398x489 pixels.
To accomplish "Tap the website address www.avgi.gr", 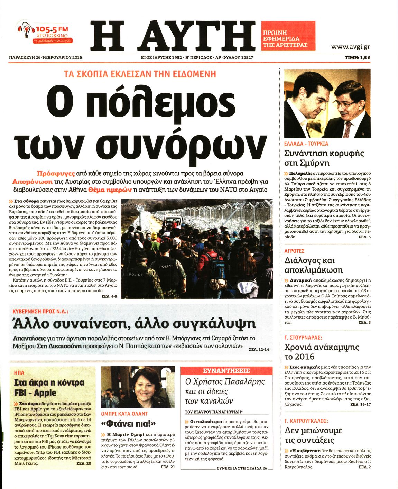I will point(350,47).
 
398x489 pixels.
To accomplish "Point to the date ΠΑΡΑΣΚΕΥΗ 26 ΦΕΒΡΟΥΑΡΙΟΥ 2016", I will point(45,58).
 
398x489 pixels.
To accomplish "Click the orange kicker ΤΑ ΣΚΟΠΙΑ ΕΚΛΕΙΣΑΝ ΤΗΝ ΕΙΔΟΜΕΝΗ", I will point(140,74).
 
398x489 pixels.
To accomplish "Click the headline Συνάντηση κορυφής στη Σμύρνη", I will point(324,158).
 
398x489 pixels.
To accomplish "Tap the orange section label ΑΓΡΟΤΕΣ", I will point(294,251).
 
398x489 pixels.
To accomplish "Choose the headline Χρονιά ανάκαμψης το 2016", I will point(322,352).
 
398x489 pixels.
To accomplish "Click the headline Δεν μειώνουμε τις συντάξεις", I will point(313,435).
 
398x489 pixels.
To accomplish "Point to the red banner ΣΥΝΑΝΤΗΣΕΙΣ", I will point(226,371).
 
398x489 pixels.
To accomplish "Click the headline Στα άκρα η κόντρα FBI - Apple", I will point(49,388).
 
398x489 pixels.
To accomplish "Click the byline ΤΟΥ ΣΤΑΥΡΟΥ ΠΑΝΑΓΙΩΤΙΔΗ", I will point(214,412).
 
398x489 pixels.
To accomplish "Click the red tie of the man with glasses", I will point(347,128).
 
